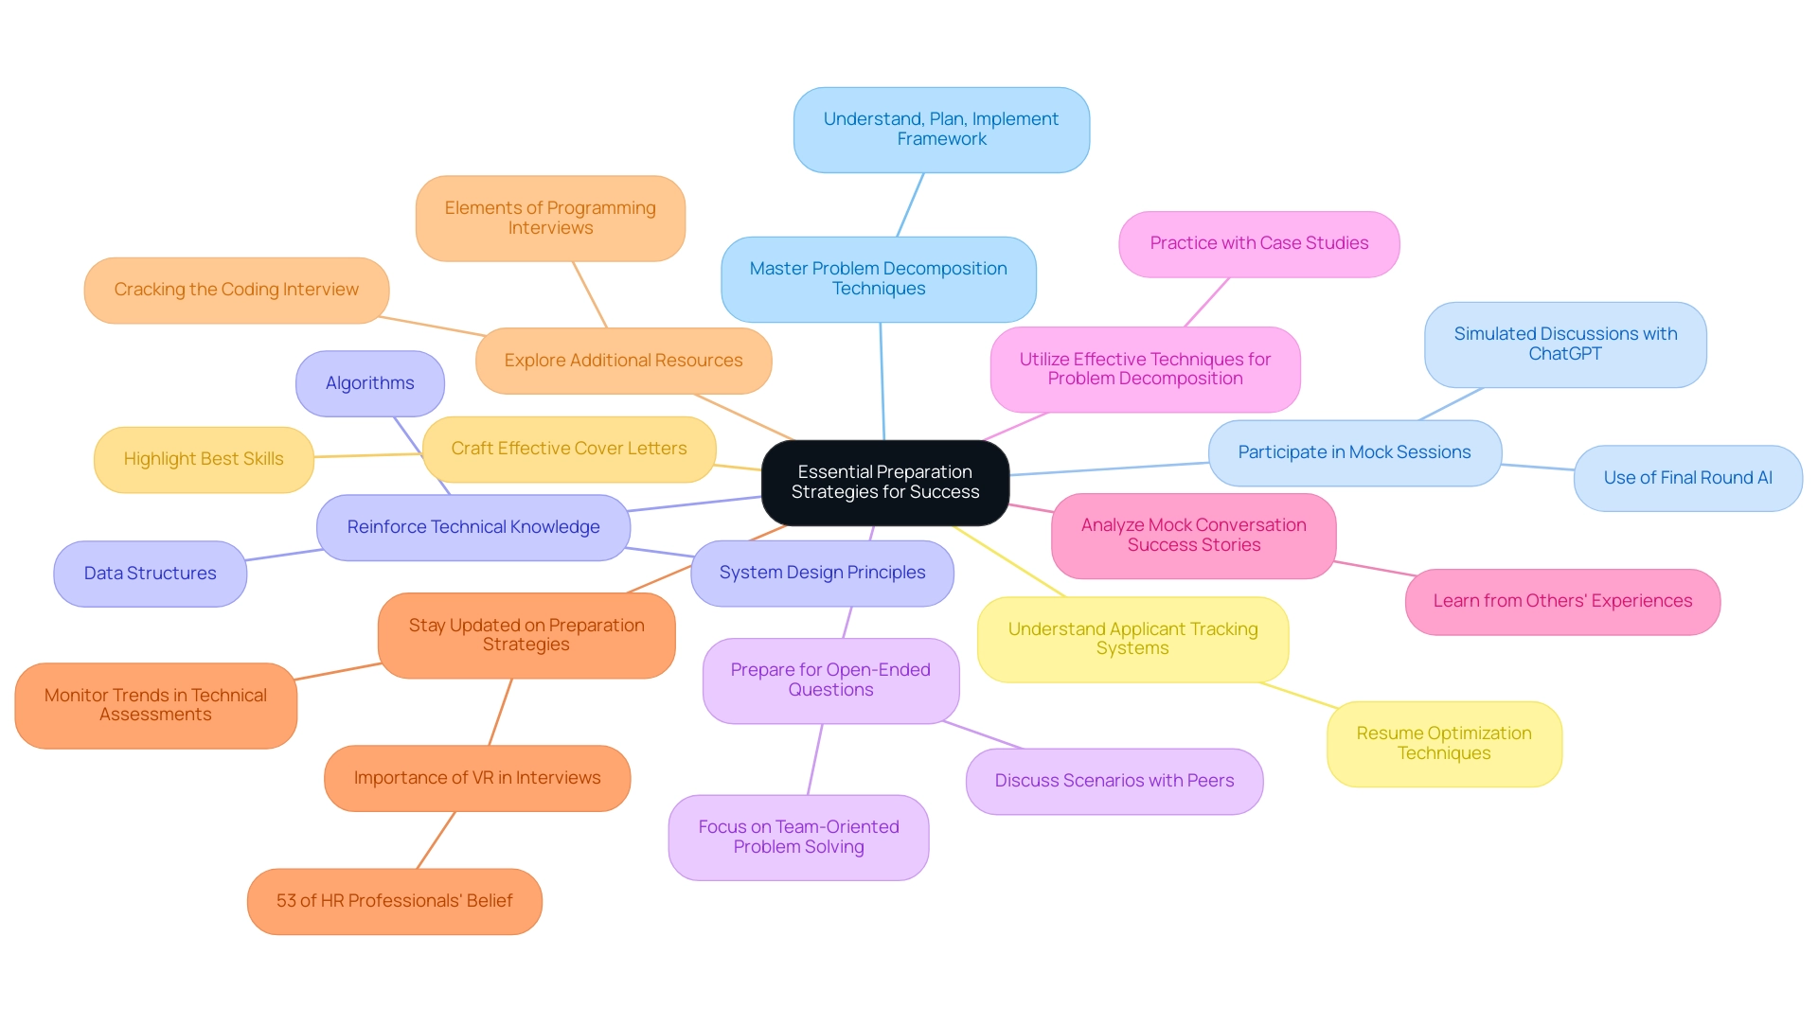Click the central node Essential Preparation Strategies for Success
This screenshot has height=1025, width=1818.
[884, 483]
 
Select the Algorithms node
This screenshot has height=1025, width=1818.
[369, 383]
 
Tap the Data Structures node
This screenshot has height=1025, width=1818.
[150, 574]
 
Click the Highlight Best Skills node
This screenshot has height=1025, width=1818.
[204, 459]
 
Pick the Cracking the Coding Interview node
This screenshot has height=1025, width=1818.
[236, 290]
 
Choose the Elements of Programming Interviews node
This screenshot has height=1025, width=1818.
[550, 218]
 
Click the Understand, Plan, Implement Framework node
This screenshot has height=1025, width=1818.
[941, 130]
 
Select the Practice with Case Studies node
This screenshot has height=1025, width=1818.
[1258, 243]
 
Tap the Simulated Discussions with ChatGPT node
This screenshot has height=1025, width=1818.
[1565, 345]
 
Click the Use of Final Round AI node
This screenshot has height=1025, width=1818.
[1687, 478]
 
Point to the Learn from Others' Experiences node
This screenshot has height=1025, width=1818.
[1562, 601]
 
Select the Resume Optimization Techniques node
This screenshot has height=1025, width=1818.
[1443, 743]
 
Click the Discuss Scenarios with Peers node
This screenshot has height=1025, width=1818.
[1114, 781]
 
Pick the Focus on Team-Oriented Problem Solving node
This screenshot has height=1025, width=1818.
[798, 837]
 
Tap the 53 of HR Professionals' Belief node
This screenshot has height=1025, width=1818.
[394, 901]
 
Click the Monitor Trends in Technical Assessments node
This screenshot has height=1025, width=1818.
[155, 705]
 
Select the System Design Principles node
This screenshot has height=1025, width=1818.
[822, 573]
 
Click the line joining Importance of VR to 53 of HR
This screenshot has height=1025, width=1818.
[437, 839]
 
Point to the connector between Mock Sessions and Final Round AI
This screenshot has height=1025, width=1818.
[1538, 467]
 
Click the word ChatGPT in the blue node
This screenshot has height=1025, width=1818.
[1564, 354]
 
